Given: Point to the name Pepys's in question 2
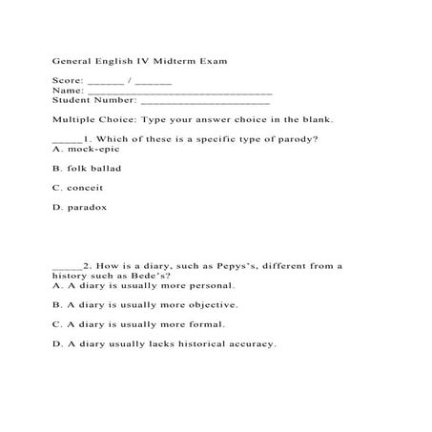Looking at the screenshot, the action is [203, 266].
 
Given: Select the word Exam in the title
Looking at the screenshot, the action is [216, 63].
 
